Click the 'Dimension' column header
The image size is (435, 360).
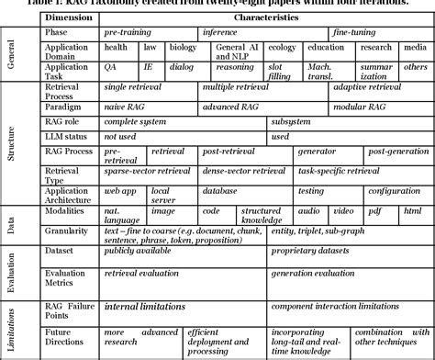(x=66, y=17)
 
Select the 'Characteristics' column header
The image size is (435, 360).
(x=266, y=17)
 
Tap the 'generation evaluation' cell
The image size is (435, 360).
(x=321, y=274)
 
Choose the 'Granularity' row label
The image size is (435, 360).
(x=67, y=236)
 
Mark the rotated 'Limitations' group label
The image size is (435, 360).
(x=11, y=326)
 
